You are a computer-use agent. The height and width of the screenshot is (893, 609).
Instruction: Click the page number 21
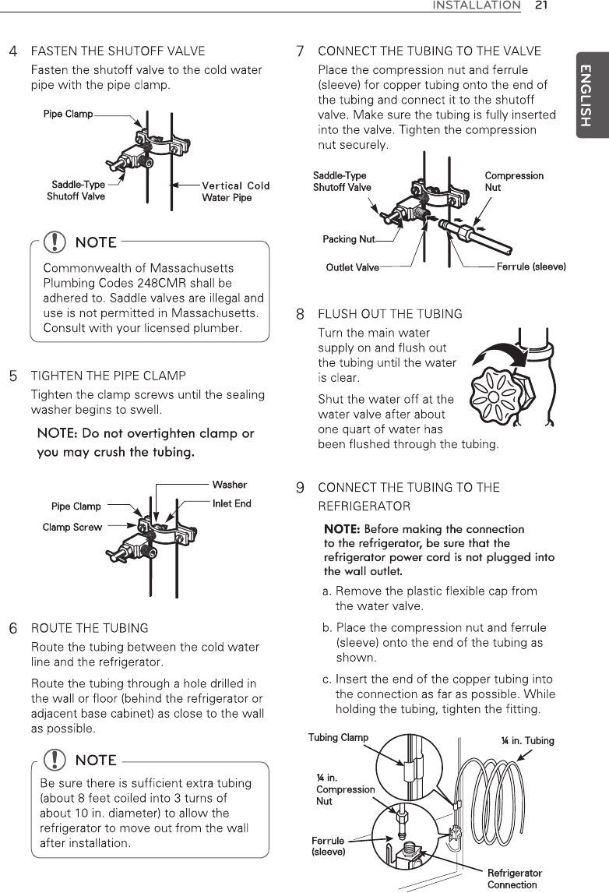click(x=541, y=6)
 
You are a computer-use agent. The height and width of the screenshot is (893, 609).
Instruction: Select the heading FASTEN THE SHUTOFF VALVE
click(x=118, y=51)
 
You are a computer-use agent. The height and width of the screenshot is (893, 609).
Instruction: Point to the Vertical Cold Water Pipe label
click(x=235, y=192)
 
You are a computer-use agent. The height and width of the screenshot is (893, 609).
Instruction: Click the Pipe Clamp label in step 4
click(x=68, y=115)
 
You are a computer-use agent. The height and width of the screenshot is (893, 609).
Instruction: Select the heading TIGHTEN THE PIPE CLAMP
click(x=108, y=376)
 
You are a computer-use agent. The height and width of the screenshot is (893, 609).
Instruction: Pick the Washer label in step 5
click(x=229, y=485)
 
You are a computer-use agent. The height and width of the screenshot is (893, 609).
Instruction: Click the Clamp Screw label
click(x=72, y=528)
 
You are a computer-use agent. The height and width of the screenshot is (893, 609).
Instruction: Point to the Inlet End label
click(x=231, y=503)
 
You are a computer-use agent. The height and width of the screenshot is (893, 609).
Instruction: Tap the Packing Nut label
click(x=348, y=239)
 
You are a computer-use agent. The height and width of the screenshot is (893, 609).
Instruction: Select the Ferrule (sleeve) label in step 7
click(x=531, y=267)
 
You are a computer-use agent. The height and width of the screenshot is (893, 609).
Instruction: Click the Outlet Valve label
click(x=352, y=268)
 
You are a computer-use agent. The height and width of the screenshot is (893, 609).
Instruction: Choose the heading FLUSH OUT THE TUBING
click(x=390, y=314)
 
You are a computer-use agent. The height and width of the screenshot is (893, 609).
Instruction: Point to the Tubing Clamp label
click(x=338, y=737)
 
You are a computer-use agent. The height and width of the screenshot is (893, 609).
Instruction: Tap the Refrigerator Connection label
click(x=514, y=878)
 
